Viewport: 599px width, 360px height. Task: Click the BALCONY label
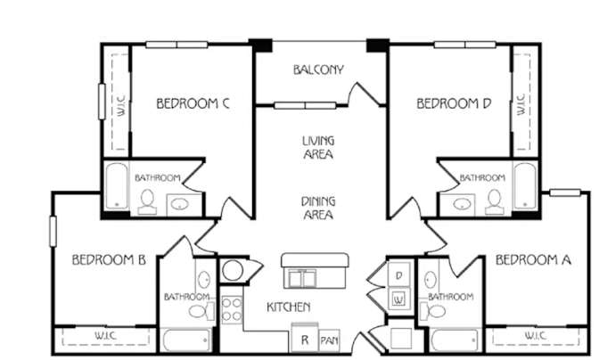tap(318, 70)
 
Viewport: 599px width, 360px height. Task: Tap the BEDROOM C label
tap(193, 103)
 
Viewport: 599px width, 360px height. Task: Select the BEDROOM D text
tap(454, 103)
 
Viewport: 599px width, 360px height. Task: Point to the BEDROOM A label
tap(533, 260)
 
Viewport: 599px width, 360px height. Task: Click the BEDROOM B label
tap(109, 260)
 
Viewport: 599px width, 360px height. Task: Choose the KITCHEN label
tap(289, 307)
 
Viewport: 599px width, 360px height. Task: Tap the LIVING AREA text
tap(318, 147)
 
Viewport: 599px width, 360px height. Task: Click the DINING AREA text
tap(318, 208)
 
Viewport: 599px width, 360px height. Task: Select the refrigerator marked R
tap(305, 339)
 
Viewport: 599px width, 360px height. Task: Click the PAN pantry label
tap(329, 340)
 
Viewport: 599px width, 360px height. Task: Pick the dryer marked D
tap(399, 274)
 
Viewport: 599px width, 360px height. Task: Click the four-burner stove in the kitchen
tap(232, 309)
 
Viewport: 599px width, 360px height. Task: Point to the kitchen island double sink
tap(302, 278)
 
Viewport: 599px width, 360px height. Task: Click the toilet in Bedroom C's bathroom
tap(147, 201)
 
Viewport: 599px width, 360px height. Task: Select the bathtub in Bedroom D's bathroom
tap(525, 186)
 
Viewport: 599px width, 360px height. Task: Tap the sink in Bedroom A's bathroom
tap(431, 280)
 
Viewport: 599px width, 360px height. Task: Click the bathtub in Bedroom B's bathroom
tap(187, 340)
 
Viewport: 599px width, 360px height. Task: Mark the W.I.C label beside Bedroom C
tap(120, 106)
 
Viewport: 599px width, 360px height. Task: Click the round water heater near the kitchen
tap(233, 271)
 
